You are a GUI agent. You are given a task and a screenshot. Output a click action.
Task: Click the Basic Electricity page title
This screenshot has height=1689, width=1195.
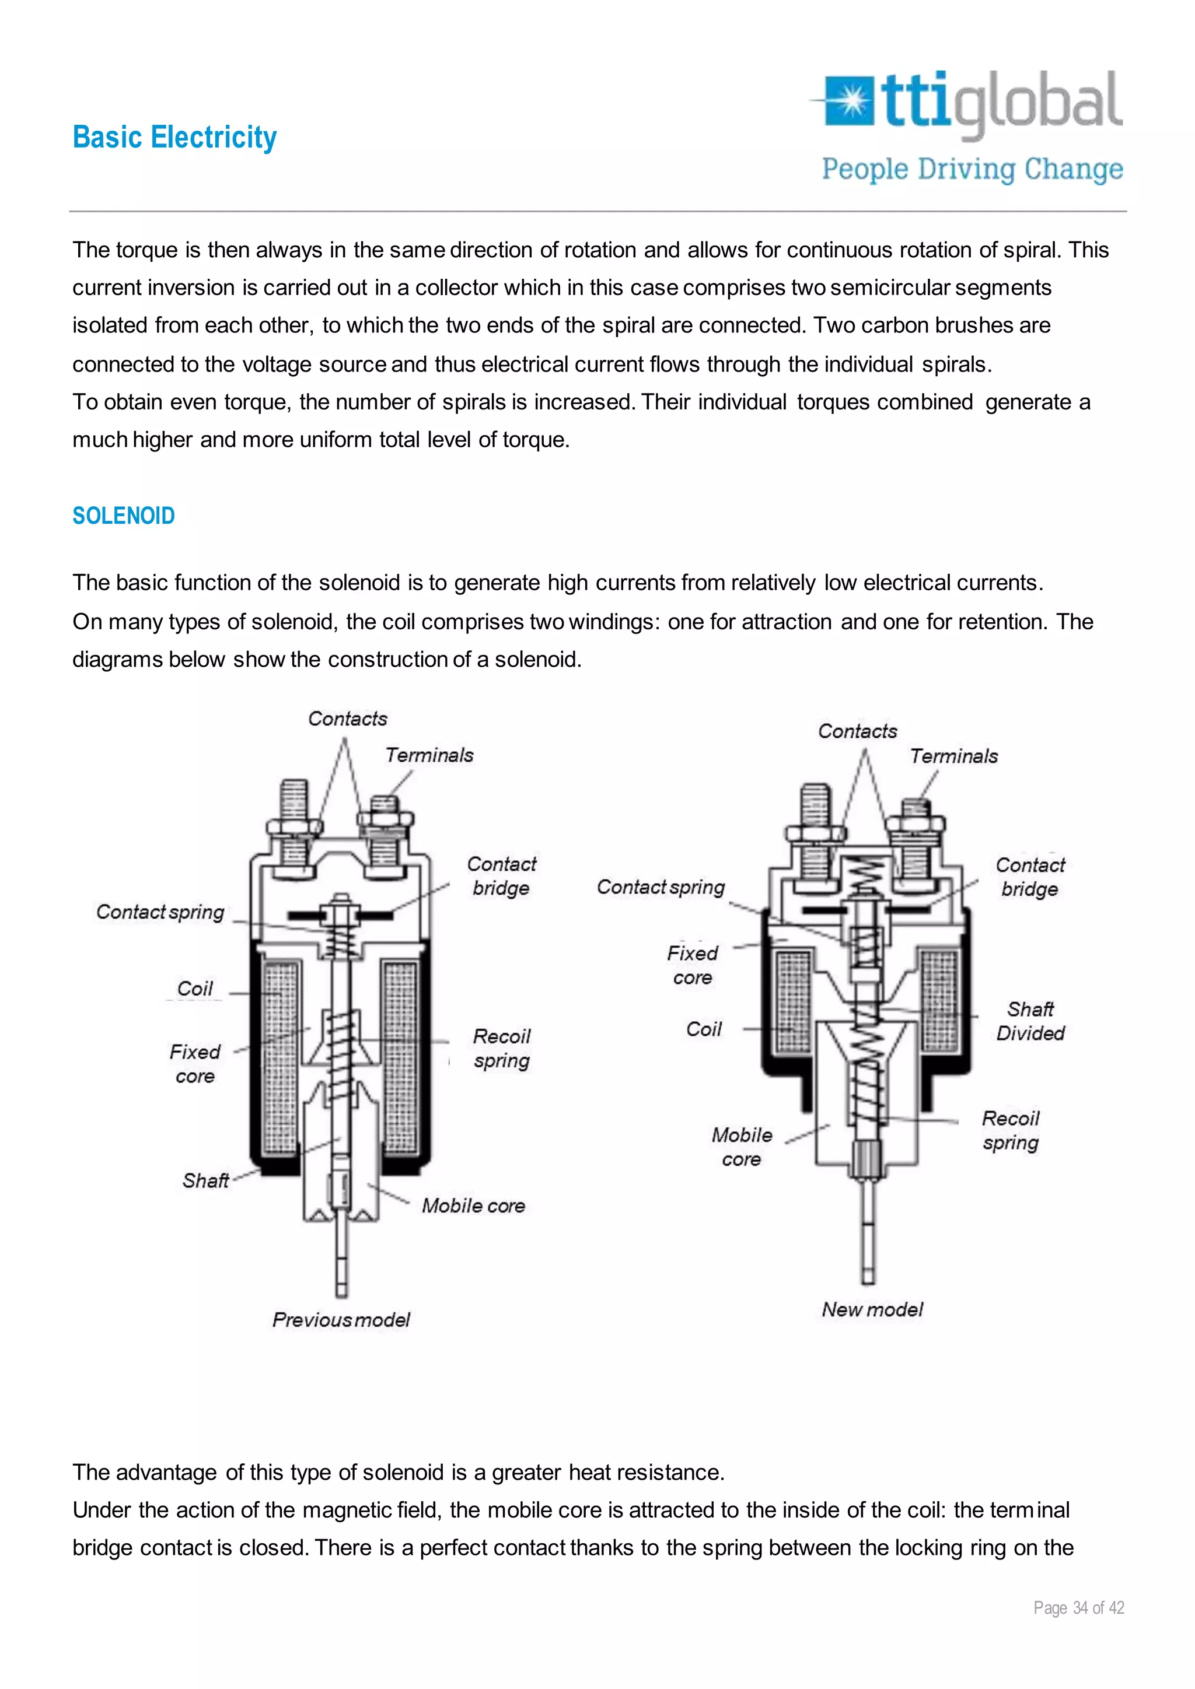coord(174,138)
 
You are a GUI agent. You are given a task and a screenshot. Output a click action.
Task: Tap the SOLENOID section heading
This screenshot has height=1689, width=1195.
coord(124,516)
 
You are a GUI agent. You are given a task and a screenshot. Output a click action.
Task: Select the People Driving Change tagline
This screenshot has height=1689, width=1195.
coord(972,169)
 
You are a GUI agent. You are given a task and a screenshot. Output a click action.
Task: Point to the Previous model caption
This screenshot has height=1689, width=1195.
coord(341,1320)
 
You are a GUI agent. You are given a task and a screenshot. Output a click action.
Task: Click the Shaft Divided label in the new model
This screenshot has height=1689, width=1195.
coord(1030,1021)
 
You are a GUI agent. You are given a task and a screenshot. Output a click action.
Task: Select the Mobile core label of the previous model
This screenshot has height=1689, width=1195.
coord(473,1206)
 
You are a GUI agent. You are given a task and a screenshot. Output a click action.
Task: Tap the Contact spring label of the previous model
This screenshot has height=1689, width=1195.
coord(160,912)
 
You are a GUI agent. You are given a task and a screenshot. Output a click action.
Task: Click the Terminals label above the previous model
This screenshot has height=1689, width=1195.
coord(429,755)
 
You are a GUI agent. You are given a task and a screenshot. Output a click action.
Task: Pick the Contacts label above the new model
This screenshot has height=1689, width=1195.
coord(857,731)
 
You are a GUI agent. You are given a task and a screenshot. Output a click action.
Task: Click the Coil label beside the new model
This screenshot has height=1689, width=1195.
coord(704,1029)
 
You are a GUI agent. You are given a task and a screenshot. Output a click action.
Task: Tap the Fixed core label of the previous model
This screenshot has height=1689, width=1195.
coord(194,1064)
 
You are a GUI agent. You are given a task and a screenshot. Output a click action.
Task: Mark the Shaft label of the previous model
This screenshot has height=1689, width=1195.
coord(205,1180)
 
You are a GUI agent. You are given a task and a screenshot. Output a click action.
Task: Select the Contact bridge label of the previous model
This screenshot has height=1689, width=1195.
coord(501,875)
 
